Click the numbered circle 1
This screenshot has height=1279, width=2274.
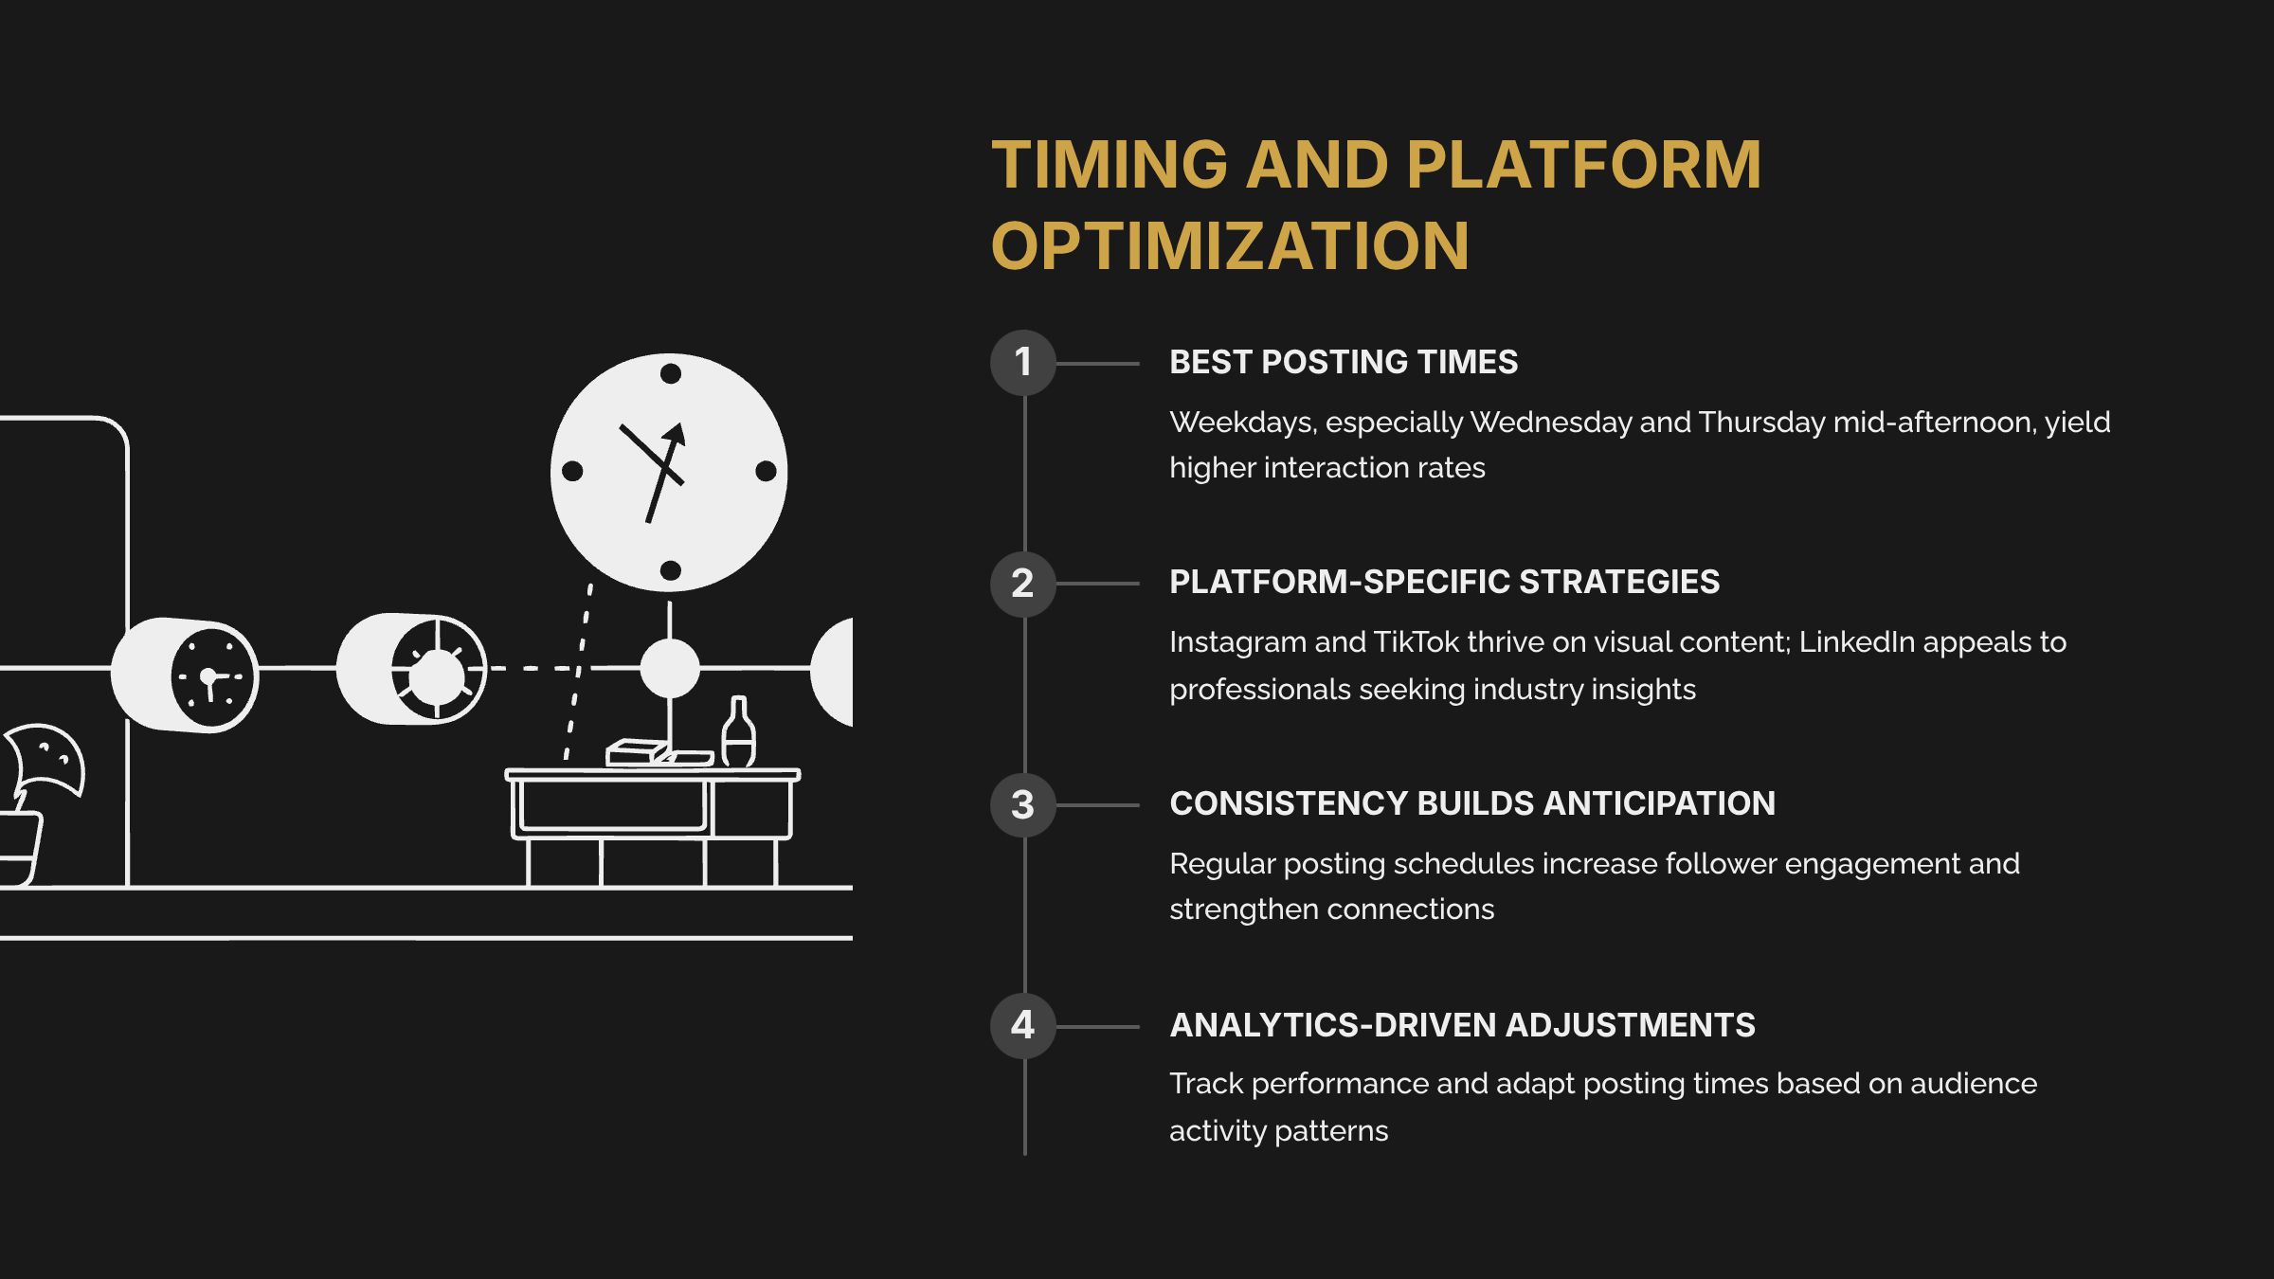[1022, 363]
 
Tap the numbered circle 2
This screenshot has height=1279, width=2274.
[1022, 584]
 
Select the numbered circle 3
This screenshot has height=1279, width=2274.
[1022, 805]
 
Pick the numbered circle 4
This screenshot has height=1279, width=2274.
[1022, 1026]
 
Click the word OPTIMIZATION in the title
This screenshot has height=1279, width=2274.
[1229, 246]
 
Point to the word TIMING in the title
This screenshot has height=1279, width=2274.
[1110, 165]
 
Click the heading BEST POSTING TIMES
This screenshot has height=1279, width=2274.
[1343, 362]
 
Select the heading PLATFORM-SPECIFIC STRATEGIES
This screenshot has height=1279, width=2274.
[1444, 582]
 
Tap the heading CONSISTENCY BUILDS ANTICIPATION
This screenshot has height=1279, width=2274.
[1471, 803]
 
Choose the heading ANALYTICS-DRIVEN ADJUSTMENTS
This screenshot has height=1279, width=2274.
[1462, 1025]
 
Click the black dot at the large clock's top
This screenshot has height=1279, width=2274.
[670, 373]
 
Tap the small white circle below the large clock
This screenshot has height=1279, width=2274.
[670, 668]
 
